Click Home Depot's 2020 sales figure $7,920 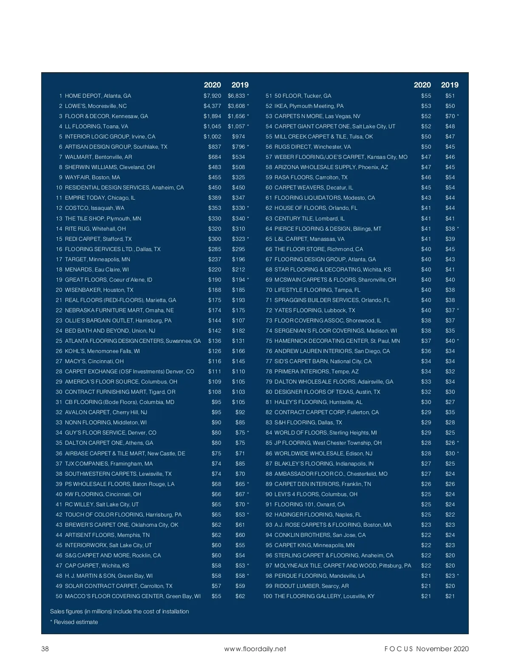pyautogui.click(x=212, y=96)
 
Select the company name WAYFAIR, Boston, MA pyautogui.click(x=92, y=178)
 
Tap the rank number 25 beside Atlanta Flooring pyautogui.click(x=59, y=341)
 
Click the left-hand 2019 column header pyautogui.click(x=240, y=85)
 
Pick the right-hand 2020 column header pyautogui.click(x=422, y=85)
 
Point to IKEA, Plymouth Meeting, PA pyautogui.click(x=309, y=106)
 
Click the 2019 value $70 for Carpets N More pyautogui.click(x=450, y=116)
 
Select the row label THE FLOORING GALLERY pyautogui.click(x=324, y=596)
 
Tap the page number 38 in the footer pyautogui.click(x=45, y=649)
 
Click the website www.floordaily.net pyautogui.click(x=255, y=649)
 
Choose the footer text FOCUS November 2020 pyautogui.click(x=426, y=649)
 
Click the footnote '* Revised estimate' pyautogui.click(x=74, y=622)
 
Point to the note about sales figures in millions pyautogui.click(x=119, y=612)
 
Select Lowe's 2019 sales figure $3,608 pyautogui.click(x=236, y=106)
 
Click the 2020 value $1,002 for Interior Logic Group pyautogui.click(x=212, y=137)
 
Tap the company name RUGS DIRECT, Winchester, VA pyautogui.click(x=312, y=147)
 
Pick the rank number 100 pyautogui.click(x=267, y=596)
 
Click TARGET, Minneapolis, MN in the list pyautogui.click(x=97, y=260)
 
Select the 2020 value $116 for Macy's pyautogui.click(x=215, y=361)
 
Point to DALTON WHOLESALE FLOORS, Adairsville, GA pyautogui.click(x=334, y=382)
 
